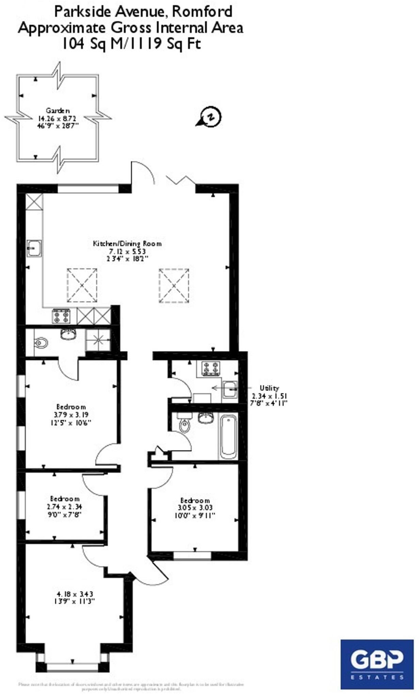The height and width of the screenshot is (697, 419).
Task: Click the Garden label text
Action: coord(58,111)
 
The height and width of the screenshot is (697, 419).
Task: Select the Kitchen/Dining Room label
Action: coord(127,244)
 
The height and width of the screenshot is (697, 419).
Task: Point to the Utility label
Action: coord(269,388)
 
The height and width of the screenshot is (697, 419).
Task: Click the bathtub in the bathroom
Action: coord(228,437)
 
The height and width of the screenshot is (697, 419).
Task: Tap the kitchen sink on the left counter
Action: coord(34,248)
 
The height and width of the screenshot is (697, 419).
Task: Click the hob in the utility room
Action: coord(211,368)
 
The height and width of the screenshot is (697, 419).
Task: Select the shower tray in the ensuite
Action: coord(98,339)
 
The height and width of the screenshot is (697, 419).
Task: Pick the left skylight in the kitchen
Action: coord(82,285)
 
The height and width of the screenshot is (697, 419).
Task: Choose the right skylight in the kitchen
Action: coord(174,285)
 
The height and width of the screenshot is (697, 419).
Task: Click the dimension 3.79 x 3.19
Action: coord(71,415)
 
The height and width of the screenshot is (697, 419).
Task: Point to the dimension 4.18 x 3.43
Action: coord(75,594)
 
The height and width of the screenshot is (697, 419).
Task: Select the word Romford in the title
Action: coord(202,12)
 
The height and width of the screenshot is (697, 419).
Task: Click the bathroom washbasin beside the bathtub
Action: coord(206,418)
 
